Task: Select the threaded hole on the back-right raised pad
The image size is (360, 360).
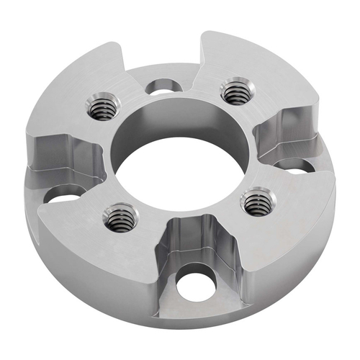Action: click(234, 92)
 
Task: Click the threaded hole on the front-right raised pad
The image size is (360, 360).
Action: click(256, 204)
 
